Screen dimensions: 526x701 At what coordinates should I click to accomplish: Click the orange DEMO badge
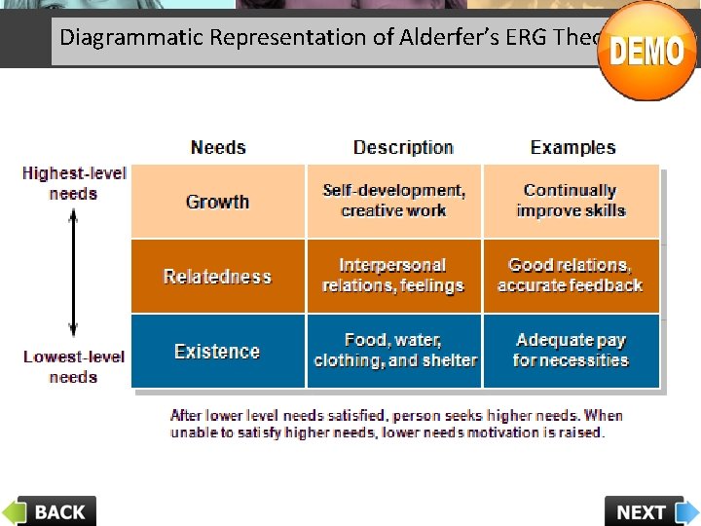click(x=646, y=51)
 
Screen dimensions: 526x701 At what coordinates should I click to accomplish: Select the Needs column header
click(x=218, y=148)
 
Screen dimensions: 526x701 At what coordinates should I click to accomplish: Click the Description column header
click(x=403, y=148)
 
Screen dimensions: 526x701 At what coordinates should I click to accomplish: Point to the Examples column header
click(x=572, y=148)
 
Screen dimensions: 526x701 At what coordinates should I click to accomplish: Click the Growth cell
click(x=218, y=202)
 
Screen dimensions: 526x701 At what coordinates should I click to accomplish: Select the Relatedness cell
click(x=218, y=277)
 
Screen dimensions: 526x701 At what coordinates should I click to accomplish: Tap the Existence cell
click(x=218, y=352)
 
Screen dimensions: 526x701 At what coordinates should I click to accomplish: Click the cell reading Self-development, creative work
click(x=394, y=201)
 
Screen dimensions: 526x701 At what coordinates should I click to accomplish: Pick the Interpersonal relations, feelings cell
click(x=394, y=276)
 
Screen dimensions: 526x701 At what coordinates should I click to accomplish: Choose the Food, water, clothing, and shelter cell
click(x=394, y=351)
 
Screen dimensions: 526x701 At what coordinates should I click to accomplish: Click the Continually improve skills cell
click(x=571, y=201)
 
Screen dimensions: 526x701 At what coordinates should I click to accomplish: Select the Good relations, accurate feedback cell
click(x=571, y=276)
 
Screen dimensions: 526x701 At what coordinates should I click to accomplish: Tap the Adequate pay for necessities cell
click(x=571, y=351)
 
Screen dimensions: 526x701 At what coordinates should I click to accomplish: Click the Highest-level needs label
click(x=74, y=183)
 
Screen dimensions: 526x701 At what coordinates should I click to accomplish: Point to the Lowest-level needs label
click(x=74, y=366)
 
